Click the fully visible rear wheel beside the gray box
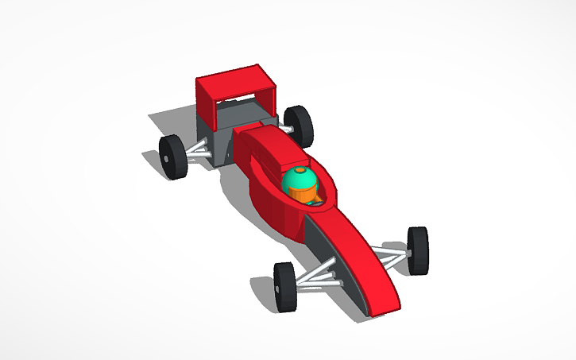(172, 157)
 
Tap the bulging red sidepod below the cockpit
(274, 211)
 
